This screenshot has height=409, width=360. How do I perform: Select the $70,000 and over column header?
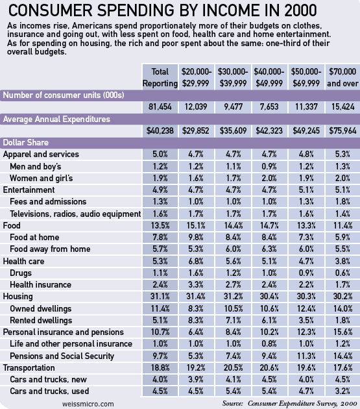pyautogui.click(x=342, y=77)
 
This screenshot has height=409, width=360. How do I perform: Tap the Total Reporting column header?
pyautogui.click(x=160, y=77)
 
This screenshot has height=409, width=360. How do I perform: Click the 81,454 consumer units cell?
pyautogui.click(x=160, y=106)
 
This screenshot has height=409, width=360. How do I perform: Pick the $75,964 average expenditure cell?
pyautogui.click(x=342, y=130)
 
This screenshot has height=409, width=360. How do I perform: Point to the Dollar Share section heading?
pyautogui.click(x=26, y=143)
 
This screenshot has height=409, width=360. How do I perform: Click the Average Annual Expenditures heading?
pyautogui.click(x=56, y=119)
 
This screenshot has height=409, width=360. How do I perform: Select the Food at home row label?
pyautogui.click(x=34, y=238)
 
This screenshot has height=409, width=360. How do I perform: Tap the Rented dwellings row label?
pyautogui.click(x=41, y=320)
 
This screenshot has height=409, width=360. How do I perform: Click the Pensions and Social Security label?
pyautogui.click(x=62, y=356)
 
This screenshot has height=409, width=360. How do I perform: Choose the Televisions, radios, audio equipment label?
pyautogui.click(x=75, y=214)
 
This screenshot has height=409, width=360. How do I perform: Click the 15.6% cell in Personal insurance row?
pyautogui.click(x=342, y=332)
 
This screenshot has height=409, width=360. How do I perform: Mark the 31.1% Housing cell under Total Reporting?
pyautogui.click(x=160, y=297)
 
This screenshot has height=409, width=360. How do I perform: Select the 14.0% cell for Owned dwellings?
pyautogui.click(x=342, y=308)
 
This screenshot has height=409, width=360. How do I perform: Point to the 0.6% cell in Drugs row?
pyautogui.click(x=342, y=273)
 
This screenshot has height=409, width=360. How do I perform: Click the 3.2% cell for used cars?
pyautogui.click(x=342, y=391)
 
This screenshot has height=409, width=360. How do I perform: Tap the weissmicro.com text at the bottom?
pyautogui.click(x=88, y=404)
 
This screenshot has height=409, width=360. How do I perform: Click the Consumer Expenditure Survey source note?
pyautogui.click(x=289, y=403)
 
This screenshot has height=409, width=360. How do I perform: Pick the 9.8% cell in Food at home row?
pyautogui.click(x=196, y=238)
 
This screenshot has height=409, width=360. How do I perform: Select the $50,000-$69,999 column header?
pyautogui.click(x=306, y=77)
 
